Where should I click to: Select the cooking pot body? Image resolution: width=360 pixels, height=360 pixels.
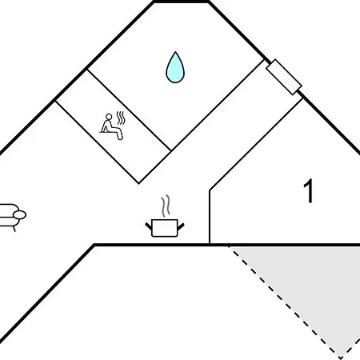point(165,229)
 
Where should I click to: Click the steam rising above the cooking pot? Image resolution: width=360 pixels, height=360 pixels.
point(166,206)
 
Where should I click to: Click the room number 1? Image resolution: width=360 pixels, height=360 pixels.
point(308,193)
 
